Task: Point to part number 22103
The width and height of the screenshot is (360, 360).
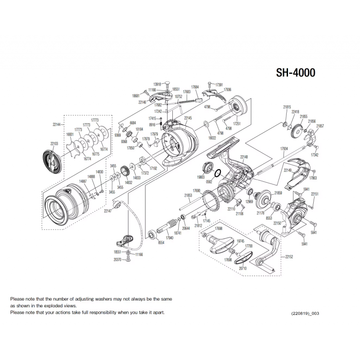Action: tap(54, 143)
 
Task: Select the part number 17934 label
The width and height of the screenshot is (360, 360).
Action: tap(284, 148)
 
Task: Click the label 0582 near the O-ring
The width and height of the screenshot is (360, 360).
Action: tap(209, 181)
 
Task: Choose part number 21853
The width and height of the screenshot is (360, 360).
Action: tap(188, 195)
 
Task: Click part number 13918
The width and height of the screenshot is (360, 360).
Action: tap(157, 84)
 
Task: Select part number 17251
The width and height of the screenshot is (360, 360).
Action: tap(237, 123)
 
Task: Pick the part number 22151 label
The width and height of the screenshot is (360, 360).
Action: tap(315, 194)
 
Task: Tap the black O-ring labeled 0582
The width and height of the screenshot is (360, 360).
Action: tap(216, 173)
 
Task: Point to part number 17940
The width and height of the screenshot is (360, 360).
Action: tap(170, 237)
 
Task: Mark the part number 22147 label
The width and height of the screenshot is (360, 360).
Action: tap(108, 211)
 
